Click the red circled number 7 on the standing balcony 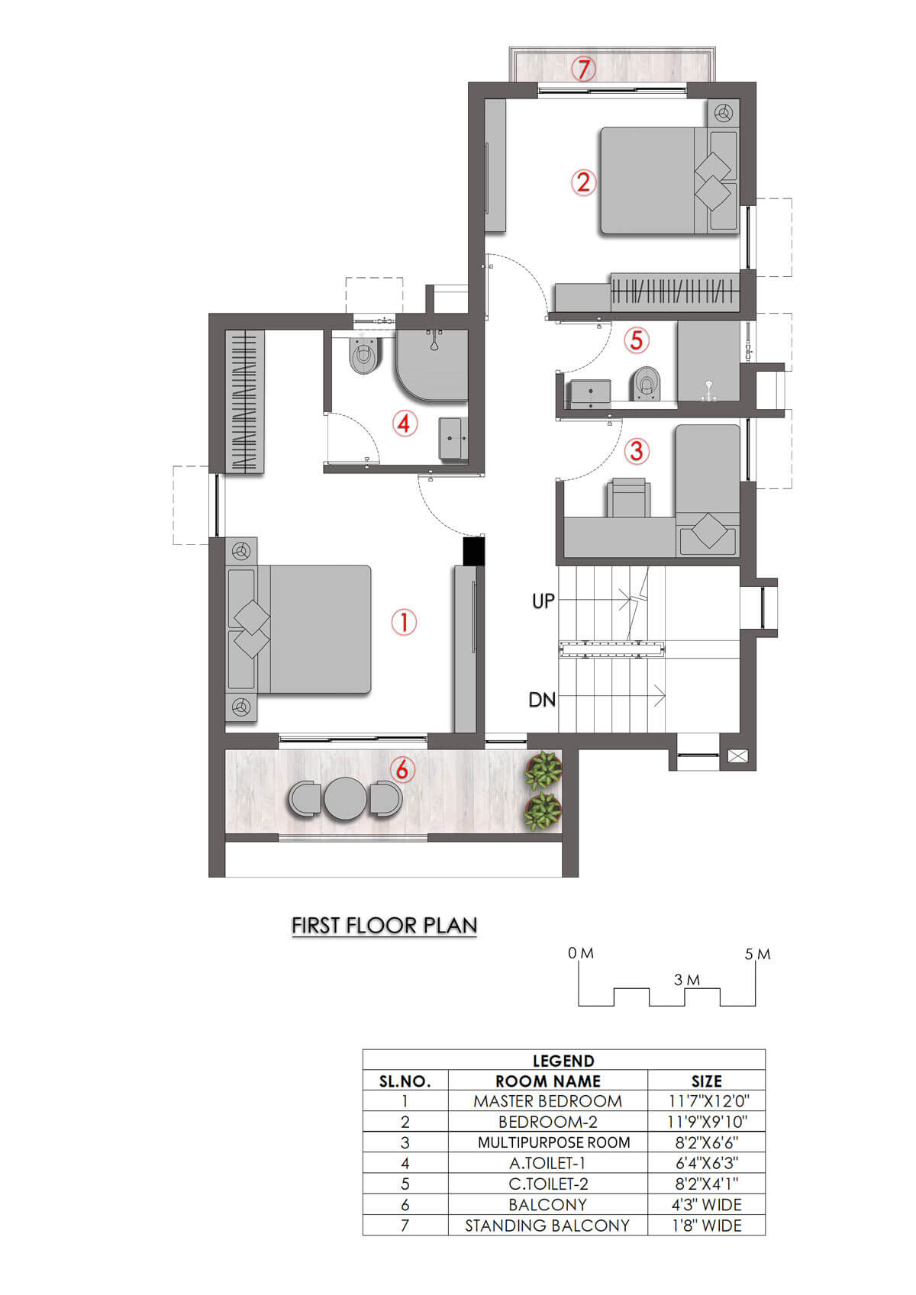click(x=583, y=69)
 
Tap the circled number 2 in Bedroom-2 click(x=583, y=182)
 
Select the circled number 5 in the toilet click(x=636, y=340)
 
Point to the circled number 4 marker click(x=405, y=424)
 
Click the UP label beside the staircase click(x=543, y=601)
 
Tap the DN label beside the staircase click(x=542, y=700)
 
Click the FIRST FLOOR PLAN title click(x=384, y=926)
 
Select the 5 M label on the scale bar click(x=757, y=954)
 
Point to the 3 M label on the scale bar click(x=686, y=980)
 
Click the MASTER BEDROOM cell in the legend click(x=547, y=1101)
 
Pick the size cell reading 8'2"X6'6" click(x=707, y=1142)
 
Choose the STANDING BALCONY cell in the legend click(x=547, y=1226)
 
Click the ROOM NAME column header click(x=547, y=1081)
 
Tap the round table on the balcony click(x=346, y=798)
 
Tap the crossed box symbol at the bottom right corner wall click(x=737, y=755)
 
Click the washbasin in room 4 click(x=454, y=440)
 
